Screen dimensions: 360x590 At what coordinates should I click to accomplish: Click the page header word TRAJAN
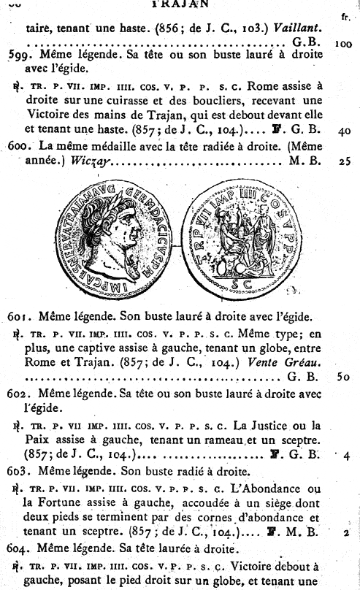coord(180,4)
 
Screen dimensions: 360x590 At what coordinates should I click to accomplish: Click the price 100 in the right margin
coord(344,43)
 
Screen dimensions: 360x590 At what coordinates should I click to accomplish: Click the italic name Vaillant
coord(299,28)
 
